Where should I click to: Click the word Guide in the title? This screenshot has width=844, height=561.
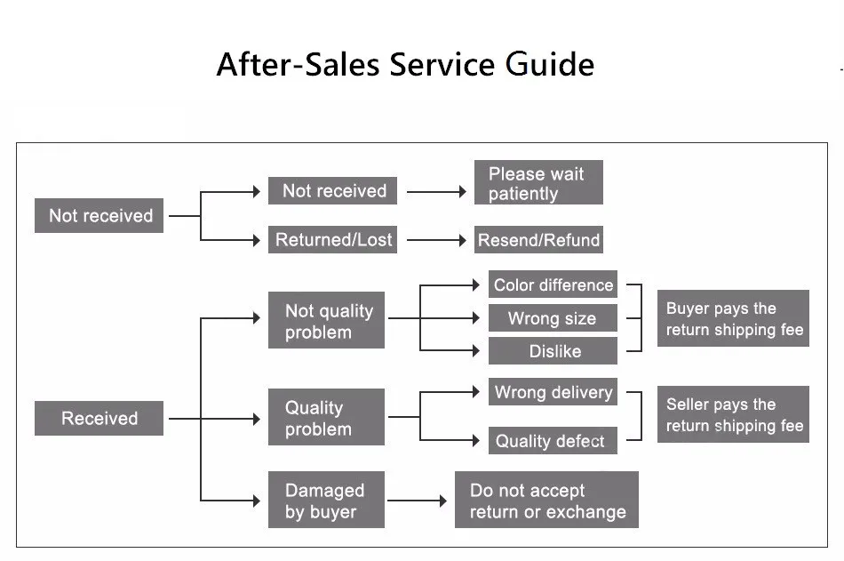[x=550, y=65]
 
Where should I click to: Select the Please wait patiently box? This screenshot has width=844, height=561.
[x=538, y=182]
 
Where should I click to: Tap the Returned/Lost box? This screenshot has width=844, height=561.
[x=332, y=239]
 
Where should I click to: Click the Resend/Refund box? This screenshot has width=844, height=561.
[x=538, y=240]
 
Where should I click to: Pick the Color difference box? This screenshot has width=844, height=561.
[x=553, y=285]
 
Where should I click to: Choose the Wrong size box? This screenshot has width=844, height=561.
[x=553, y=318]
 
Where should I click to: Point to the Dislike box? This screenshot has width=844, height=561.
[x=553, y=351]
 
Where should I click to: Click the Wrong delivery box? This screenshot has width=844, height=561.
[x=553, y=392]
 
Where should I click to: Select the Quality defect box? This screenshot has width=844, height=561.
[x=553, y=440]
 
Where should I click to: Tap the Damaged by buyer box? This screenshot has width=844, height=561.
[x=326, y=500]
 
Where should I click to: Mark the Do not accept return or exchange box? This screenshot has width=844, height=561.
[x=546, y=500]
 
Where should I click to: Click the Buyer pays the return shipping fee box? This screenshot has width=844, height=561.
[x=733, y=318]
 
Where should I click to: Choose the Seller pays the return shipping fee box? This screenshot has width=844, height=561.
[x=733, y=414]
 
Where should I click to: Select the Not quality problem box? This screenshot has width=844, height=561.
[x=326, y=320]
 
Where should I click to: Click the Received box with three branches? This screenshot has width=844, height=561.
[x=99, y=418]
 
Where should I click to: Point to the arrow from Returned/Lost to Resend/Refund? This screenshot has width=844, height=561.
[x=436, y=240]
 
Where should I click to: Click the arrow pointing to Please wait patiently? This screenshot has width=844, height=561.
[x=436, y=191]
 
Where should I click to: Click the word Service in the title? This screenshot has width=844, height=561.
[x=442, y=65]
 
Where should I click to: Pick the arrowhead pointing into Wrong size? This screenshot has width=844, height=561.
[x=476, y=318]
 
